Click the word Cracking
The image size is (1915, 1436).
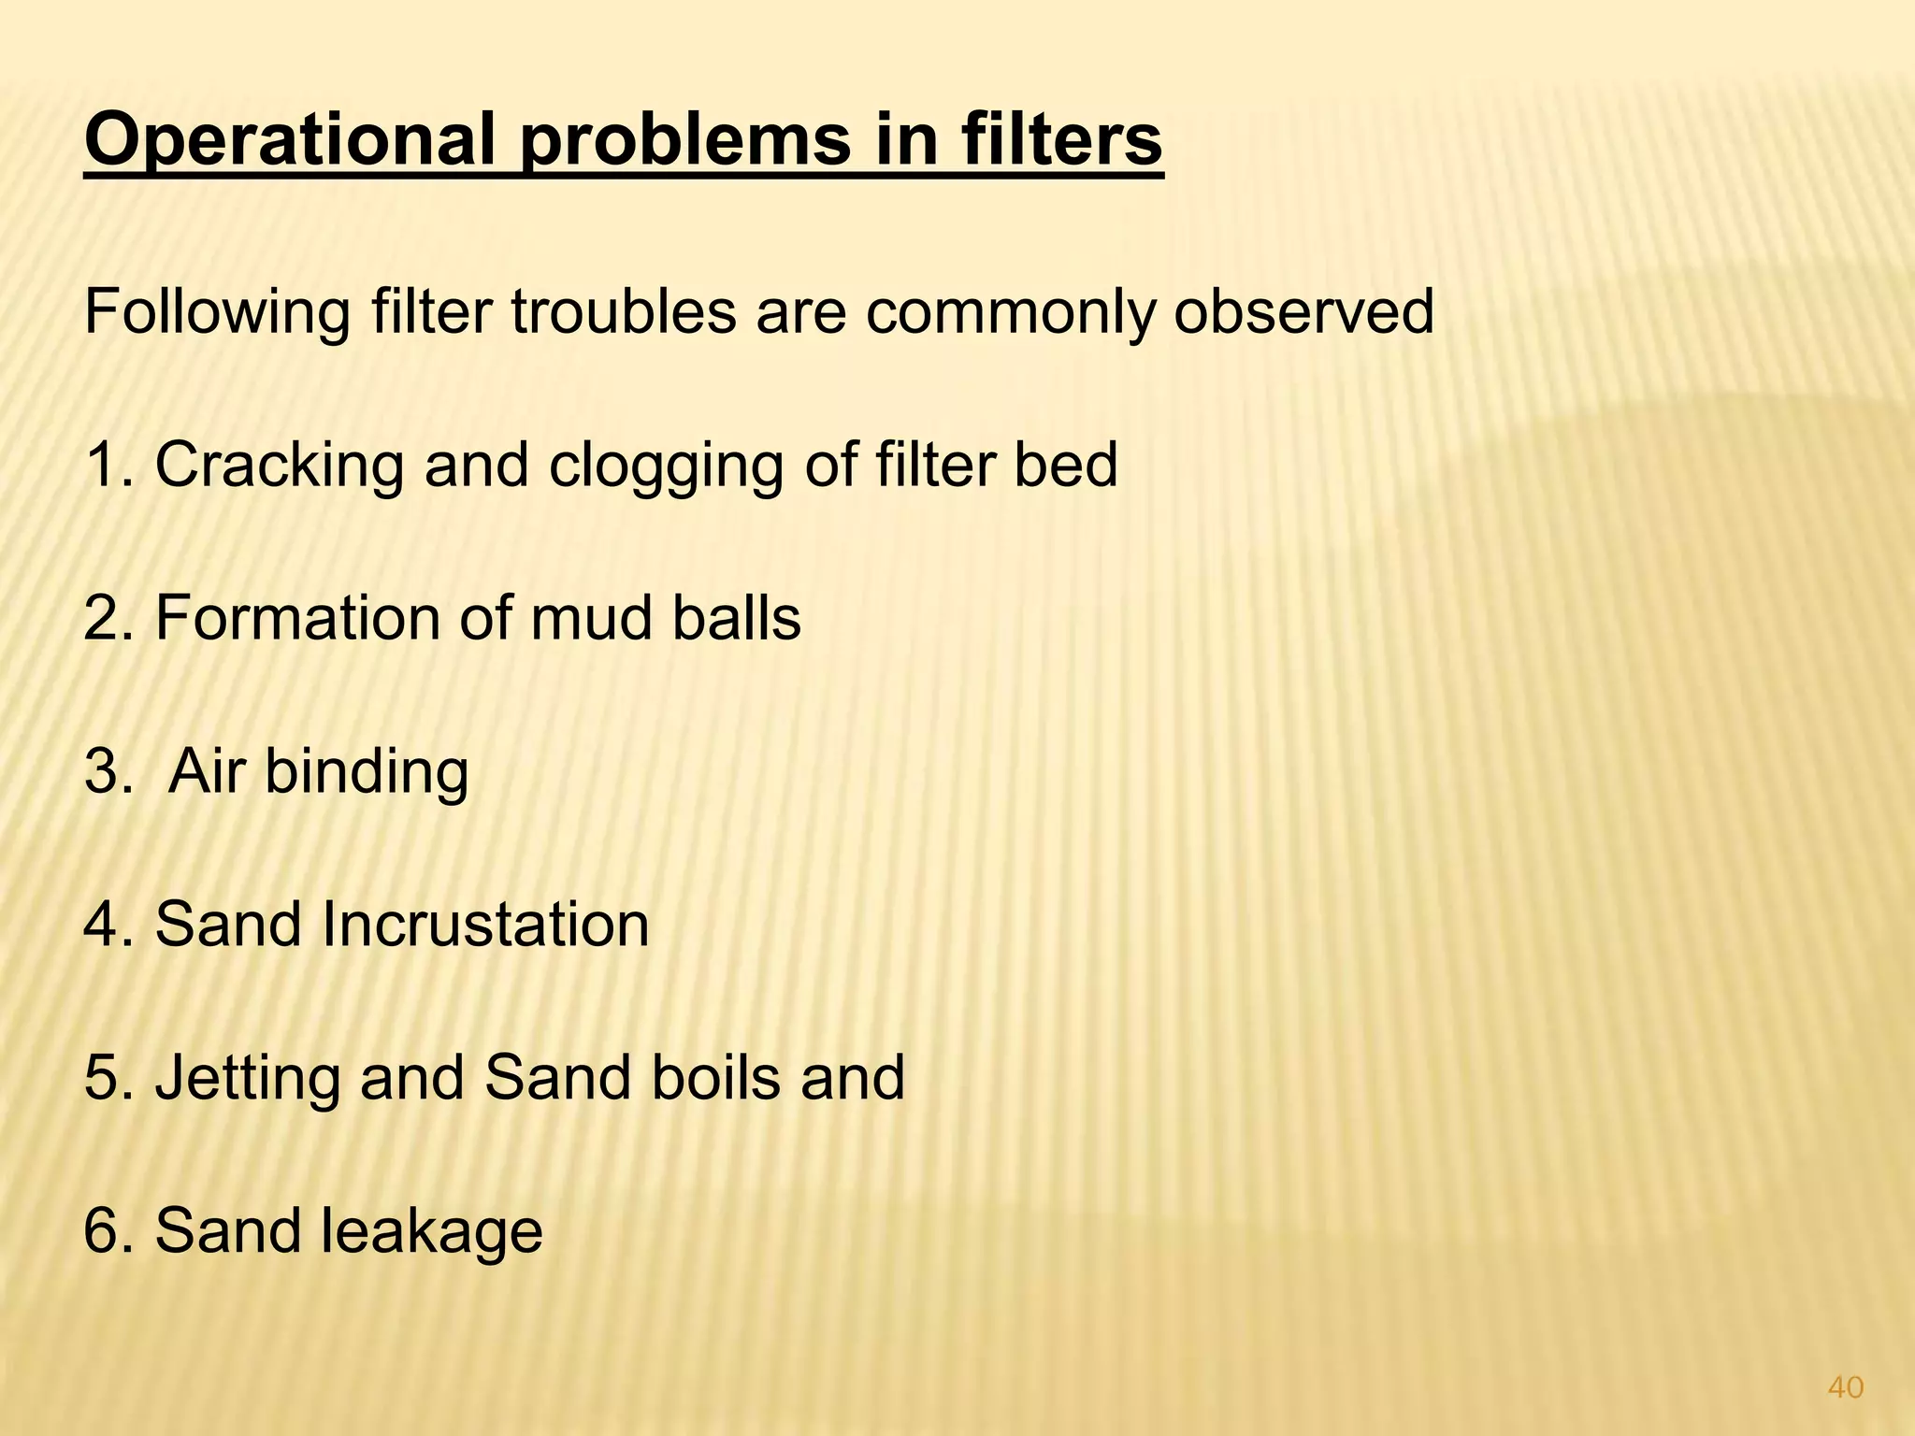279,466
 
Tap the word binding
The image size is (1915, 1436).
367,771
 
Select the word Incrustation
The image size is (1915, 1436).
485,925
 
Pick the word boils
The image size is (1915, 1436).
713,1077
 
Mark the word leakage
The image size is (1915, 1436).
432,1230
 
